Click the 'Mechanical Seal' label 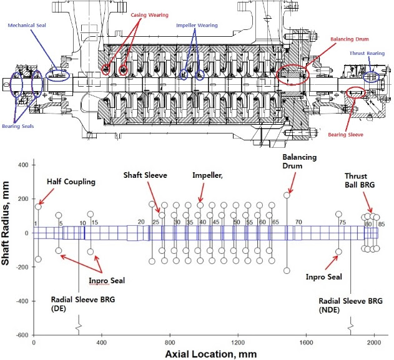coord(27,26)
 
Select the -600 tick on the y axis coord(20,335)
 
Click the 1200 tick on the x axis coord(237,343)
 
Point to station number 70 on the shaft coord(298,222)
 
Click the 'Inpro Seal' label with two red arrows coord(106,280)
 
